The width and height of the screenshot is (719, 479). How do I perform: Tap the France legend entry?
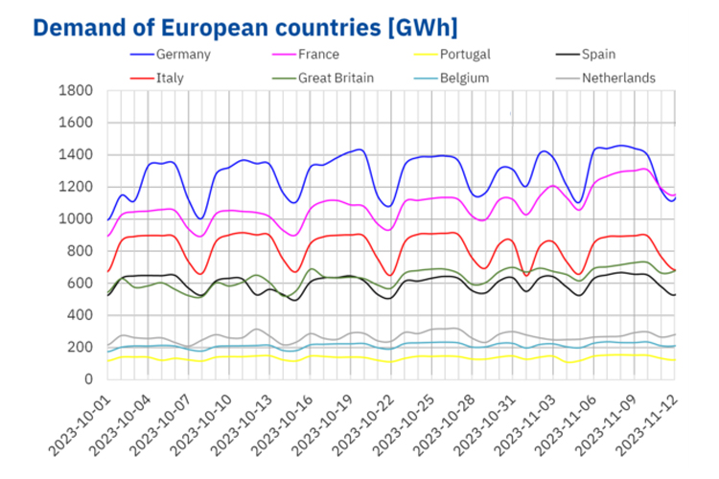pyautogui.click(x=316, y=55)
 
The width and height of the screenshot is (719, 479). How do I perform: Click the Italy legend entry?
pyautogui.click(x=171, y=78)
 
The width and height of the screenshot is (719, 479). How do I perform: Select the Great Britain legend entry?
pyautogui.click(x=336, y=78)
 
